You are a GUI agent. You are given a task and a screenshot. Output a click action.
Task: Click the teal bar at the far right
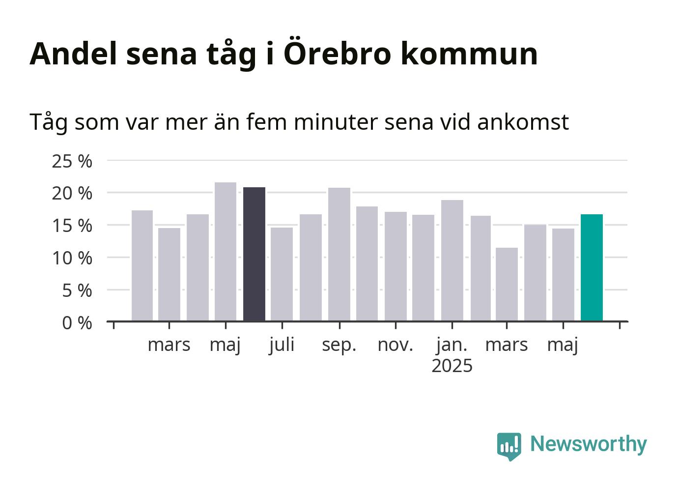pyautogui.click(x=592, y=268)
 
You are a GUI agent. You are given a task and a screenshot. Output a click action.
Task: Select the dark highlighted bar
pyautogui.click(x=254, y=254)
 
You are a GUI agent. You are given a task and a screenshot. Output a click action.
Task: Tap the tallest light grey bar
pyautogui.click(x=226, y=252)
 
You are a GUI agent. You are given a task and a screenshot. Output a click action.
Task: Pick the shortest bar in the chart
pyautogui.click(x=507, y=285)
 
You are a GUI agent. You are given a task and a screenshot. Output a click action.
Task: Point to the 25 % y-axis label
pyautogui.click(x=72, y=161)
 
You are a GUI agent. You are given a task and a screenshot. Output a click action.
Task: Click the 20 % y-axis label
pyautogui.click(x=72, y=194)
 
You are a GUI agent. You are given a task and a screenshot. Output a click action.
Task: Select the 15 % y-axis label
pyautogui.click(x=72, y=226)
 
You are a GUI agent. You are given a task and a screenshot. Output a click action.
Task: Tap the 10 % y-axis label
pyautogui.click(x=72, y=259)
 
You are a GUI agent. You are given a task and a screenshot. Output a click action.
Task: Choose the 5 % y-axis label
pyautogui.click(x=77, y=291)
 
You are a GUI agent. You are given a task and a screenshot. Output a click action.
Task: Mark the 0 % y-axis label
pyautogui.click(x=77, y=323)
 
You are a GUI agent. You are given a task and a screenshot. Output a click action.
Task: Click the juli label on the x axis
pyautogui.click(x=282, y=346)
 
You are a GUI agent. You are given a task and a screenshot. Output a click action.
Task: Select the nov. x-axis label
pyautogui.click(x=396, y=346)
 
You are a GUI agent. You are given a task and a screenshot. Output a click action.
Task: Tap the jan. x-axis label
pyautogui.click(x=452, y=346)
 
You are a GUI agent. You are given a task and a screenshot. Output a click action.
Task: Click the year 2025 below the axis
pyautogui.click(x=452, y=366)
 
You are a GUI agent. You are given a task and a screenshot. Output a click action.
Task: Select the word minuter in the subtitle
pyautogui.click(x=336, y=122)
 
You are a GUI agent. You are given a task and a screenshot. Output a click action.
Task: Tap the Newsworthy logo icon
pyautogui.click(x=509, y=446)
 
